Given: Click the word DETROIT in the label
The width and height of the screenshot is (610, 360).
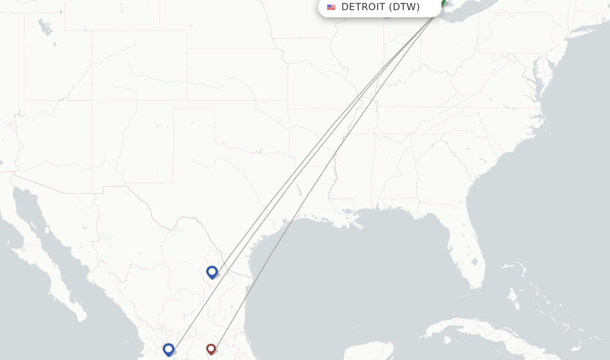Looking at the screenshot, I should (x=363, y=7).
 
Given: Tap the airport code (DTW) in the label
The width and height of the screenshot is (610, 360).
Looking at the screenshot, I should (x=404, y=7).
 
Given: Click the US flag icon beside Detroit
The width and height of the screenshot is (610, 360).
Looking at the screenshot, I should (x=331, y=7).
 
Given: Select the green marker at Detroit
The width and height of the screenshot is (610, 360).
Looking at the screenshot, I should (x=443, y=4).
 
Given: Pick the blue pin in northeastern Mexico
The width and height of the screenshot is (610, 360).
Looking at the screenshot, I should (x=212, y=272).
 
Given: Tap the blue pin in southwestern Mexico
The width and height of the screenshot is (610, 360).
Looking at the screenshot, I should (x=169, y=349).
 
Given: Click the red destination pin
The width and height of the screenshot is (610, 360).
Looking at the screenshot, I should (x=211, y=348).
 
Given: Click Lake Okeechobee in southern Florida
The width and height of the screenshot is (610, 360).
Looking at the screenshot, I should (x=475, y=262).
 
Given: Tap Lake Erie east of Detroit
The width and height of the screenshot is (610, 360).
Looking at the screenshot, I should (x=471, y=11).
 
